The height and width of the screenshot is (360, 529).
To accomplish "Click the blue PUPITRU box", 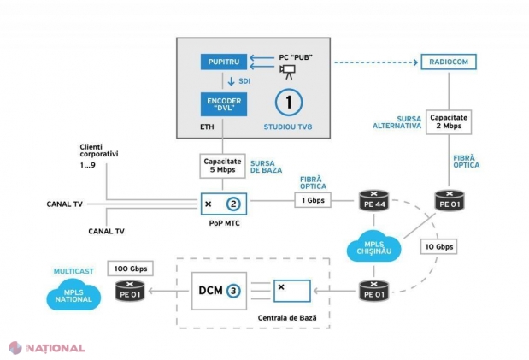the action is pos(224,62).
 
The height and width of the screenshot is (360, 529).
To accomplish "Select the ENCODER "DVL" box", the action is pos(224,104).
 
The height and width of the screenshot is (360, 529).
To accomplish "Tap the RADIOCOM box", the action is pos(449,62).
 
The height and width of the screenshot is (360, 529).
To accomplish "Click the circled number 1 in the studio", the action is pos(289,103).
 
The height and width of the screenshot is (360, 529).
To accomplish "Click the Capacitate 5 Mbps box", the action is pos(222,166).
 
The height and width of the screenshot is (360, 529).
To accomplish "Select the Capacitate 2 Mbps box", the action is pos(449,122).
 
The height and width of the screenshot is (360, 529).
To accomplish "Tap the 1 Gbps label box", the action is pos(313,200).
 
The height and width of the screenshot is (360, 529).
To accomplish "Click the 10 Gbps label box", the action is pos(439,246).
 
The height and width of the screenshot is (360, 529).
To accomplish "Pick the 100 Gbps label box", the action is pos(130,269).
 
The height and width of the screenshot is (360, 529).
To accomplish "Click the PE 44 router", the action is pos(373,201).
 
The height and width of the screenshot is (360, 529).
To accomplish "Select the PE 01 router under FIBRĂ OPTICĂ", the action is pos(450,201).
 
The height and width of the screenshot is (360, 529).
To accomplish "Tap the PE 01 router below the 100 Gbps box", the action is pos(130,292).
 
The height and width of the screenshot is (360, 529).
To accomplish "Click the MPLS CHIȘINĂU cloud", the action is pos(373,247).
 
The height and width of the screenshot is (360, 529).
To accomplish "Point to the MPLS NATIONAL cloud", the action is pos(73,295).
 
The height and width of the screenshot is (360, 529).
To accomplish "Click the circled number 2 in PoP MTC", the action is pos(233,204).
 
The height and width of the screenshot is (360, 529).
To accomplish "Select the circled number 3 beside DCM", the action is pos(233,291).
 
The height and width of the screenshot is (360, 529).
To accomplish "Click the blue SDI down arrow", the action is pos(231,81).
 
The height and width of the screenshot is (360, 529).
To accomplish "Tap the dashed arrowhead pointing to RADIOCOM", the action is pos(415,62).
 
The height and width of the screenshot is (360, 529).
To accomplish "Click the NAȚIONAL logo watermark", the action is pos(47,348).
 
